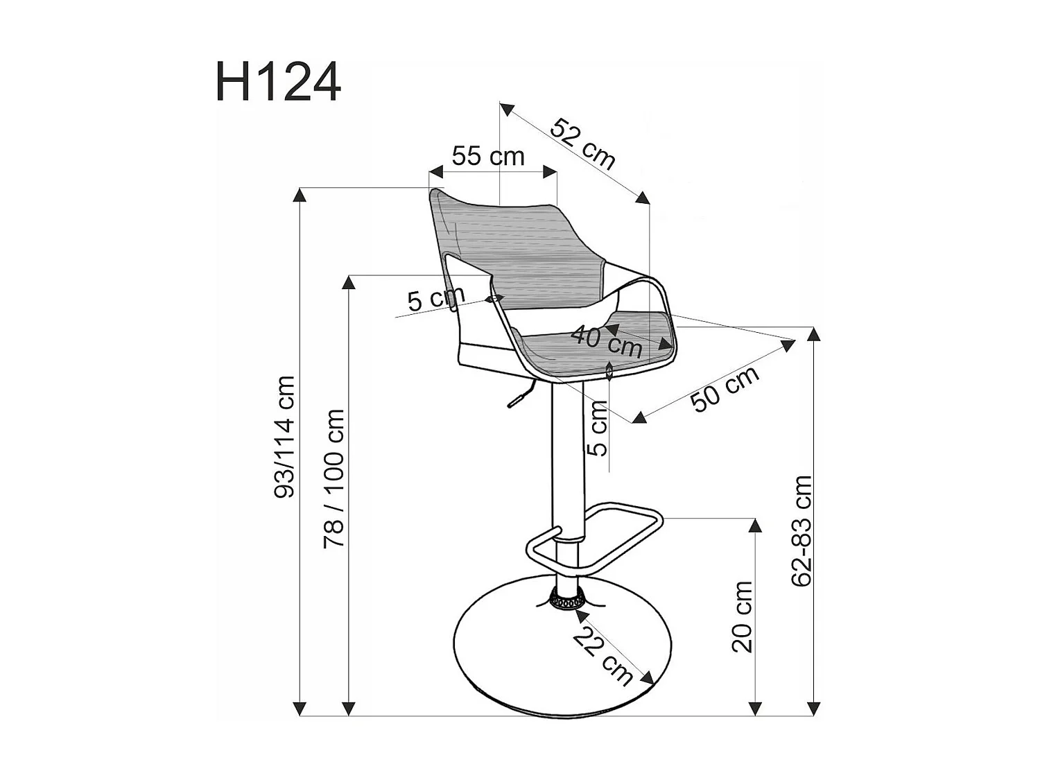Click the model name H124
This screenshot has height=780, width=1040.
(278, 82)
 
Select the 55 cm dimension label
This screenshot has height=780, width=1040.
(488, 156)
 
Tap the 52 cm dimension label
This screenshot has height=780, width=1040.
(583, 144)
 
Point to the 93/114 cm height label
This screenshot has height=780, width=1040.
(285, 437)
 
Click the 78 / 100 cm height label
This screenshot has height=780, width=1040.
(333, 478)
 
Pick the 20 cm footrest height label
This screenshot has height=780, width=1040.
(742, 617)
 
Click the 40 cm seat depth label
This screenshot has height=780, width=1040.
(607, 341)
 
